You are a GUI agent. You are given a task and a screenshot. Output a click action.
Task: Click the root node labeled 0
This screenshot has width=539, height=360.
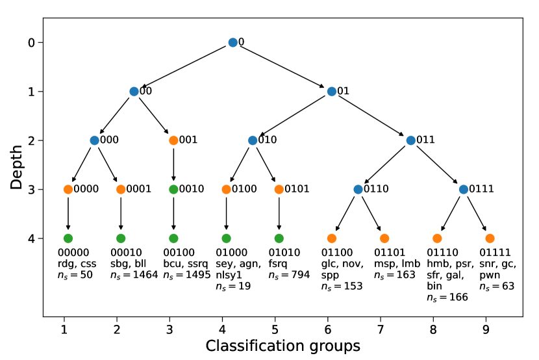coord(232,42)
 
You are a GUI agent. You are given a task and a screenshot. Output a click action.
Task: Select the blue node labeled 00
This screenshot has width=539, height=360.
coord(134,92)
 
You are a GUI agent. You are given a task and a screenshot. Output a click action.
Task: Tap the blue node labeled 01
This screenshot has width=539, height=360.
coord(332,92)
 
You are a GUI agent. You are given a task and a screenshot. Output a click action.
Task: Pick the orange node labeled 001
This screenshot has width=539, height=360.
coord(173,140)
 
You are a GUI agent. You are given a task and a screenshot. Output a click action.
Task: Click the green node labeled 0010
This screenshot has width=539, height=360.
coord(173,189)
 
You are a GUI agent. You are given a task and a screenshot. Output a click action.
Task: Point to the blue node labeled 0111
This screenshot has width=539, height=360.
coord(463,189)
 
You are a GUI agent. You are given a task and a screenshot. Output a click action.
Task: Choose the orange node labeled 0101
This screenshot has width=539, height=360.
coord(279,189)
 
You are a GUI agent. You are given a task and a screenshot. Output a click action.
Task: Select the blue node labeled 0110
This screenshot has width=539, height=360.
coord(358,189)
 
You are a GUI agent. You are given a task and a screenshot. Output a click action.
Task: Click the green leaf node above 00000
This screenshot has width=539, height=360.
coord(68,238)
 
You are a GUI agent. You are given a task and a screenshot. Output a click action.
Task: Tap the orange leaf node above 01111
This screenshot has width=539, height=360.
coord(490,238)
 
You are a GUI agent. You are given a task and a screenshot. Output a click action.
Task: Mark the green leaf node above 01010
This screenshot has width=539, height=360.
coord(279,238)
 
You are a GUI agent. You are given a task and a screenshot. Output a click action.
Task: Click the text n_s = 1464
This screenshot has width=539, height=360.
coord(134,275)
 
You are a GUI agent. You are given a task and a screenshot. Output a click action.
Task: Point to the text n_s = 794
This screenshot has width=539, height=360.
coord(289,275)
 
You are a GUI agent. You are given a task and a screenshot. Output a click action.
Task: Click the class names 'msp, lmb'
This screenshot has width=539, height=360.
coord(397,264)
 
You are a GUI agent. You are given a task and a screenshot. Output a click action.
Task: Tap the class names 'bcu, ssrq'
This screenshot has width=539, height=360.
coord(186,264)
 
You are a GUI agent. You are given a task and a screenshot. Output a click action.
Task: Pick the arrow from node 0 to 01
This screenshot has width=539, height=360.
coord(282,67)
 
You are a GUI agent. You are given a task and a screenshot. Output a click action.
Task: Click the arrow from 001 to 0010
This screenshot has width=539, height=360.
coord(173,164)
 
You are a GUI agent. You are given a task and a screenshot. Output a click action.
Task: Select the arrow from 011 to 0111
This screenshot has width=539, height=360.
coord(437,164)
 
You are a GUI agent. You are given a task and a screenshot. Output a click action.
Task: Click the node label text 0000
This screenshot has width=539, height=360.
coord(86,189)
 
